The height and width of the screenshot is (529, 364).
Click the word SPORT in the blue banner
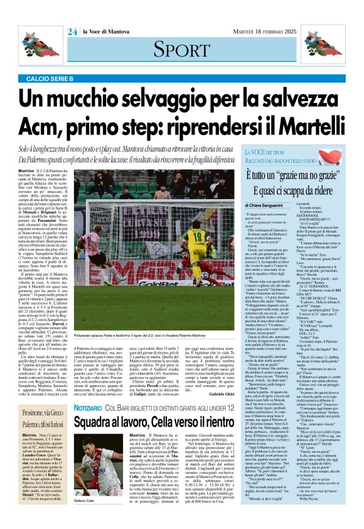pyautogui.click(x=181, y=48)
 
